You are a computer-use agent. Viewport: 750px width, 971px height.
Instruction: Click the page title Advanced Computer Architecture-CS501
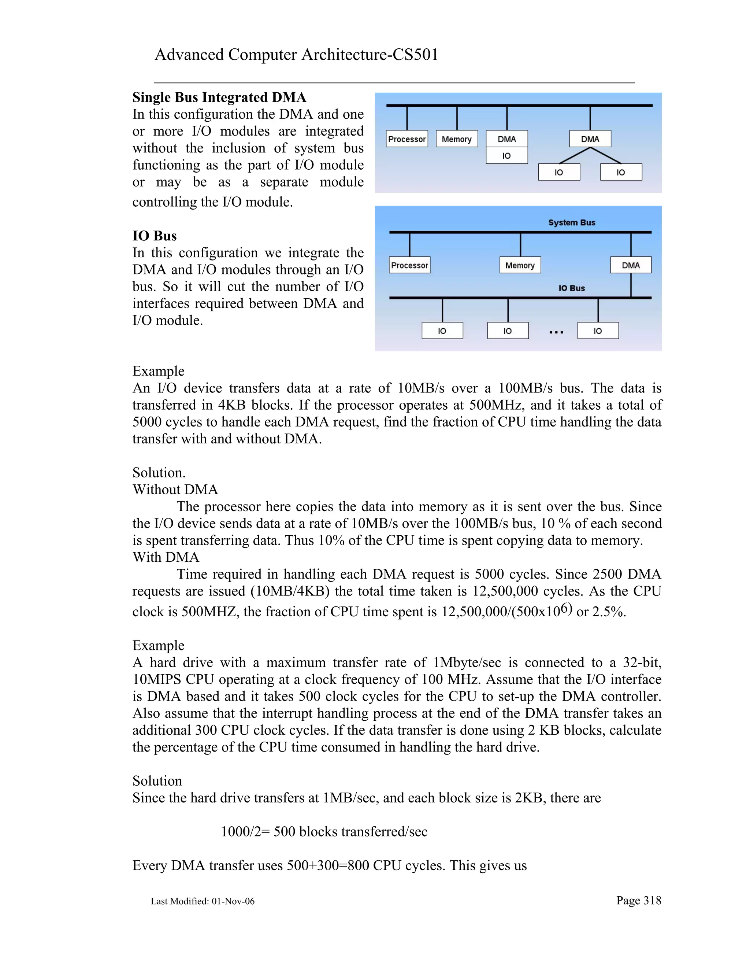(x=296, y=55)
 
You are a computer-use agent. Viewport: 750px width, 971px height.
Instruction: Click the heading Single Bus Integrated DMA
(x=219, y=97)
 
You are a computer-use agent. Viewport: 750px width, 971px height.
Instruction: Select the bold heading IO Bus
(x=154, y=236)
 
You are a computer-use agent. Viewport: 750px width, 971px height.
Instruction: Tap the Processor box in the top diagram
(x=406, y=139)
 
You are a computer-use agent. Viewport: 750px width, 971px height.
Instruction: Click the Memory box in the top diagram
(x=456, y=139)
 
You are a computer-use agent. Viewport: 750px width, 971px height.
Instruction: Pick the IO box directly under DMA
(x=506, y=156)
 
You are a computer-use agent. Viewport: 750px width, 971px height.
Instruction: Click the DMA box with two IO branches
(x=590, y=139)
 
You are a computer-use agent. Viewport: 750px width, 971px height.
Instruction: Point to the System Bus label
(x=571, y=222)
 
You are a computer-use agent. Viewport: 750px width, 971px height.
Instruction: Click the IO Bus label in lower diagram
(x=571, y=288)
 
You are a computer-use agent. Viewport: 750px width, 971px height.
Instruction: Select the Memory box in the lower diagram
(x=520, y=265)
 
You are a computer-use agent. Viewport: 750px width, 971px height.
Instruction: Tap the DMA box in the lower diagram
(x=631, y=265)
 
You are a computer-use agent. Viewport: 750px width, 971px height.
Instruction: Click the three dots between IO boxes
(x=556, y=332)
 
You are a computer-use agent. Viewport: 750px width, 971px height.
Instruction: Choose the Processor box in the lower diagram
(x=409, y=265)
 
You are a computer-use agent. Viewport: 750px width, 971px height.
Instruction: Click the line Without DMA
(x=175, y=490)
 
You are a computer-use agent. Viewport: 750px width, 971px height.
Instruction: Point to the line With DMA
(x=166, y=557)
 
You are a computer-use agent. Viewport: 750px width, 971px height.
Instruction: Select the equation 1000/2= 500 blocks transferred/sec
(x=324, y=831)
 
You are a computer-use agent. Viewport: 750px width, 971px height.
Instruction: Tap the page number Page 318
(x=638, y=900)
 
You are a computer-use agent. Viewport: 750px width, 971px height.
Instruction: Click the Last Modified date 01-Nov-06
(x=233, y=901)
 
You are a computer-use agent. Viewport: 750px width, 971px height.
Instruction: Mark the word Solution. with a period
(x=159, y=473)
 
